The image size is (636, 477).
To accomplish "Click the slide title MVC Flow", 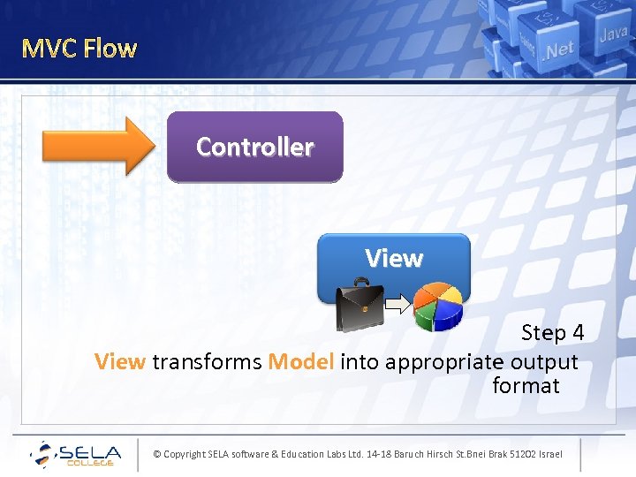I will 79,48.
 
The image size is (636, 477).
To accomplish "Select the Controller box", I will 254,147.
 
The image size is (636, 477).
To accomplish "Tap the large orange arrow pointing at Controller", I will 97,146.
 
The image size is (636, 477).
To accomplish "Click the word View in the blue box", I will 394,259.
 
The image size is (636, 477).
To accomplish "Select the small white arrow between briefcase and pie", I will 399,306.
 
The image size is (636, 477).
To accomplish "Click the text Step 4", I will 552,333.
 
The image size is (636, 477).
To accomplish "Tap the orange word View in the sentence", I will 119,362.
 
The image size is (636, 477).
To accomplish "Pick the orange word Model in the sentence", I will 300,362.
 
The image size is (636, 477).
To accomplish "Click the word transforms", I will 207,362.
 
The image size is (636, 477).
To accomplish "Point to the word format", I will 526,386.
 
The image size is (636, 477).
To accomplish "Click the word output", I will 544,362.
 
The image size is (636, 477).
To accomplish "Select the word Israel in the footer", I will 549,454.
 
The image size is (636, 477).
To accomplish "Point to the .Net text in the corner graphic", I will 559,49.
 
